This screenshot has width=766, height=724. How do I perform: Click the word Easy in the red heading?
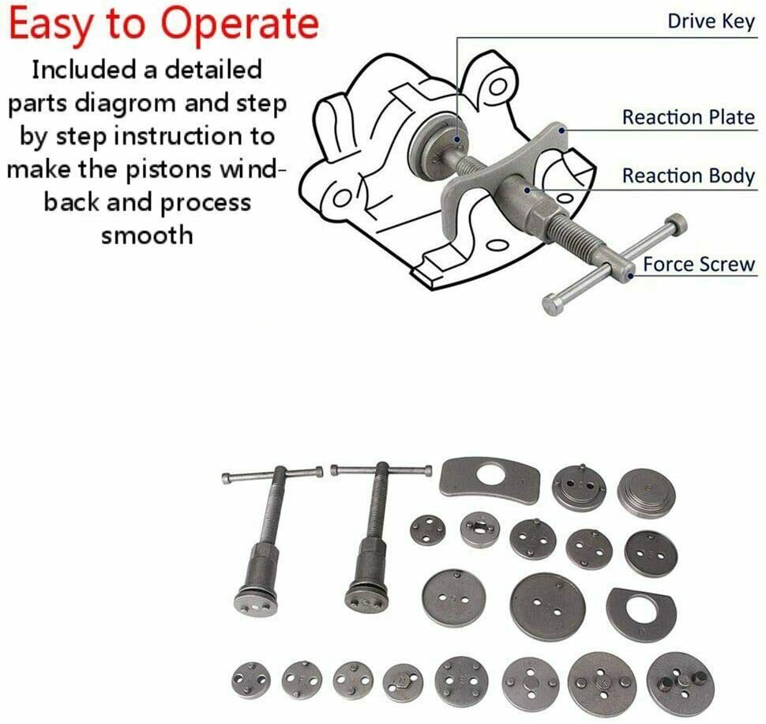click(49, 25)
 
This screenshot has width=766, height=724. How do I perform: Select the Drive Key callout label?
click(711, 21)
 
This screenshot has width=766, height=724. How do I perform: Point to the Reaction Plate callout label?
click(688, 117)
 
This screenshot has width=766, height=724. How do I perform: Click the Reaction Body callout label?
click(688, 175)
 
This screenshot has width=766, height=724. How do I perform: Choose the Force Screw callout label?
click(699, 264)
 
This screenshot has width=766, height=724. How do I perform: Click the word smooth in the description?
click(147, 234)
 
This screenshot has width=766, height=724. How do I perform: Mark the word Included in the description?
click(85, 70)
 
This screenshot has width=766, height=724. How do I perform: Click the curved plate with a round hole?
click(490, 478)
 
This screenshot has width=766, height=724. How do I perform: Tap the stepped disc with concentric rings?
click(646, 492)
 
